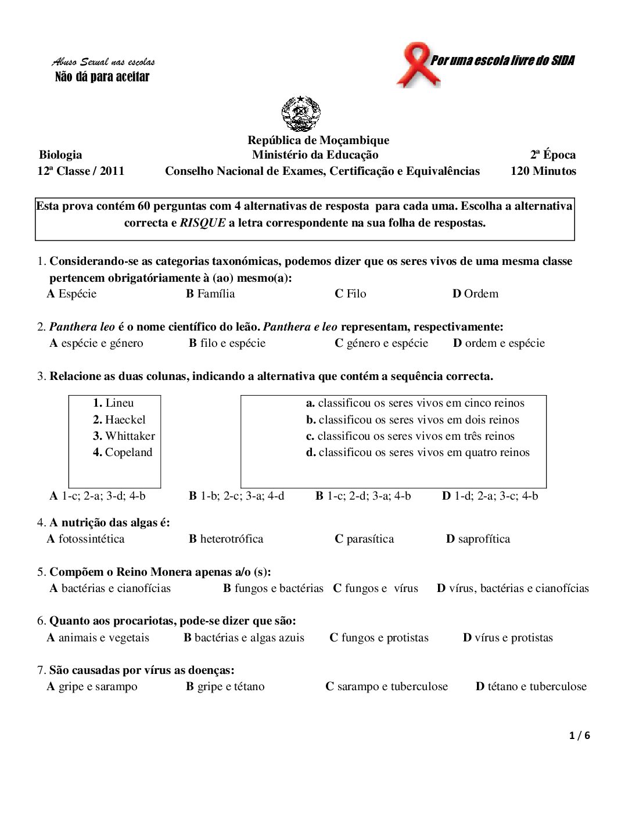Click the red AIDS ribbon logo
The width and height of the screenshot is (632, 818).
click(418, 65)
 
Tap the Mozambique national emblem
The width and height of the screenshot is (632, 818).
click(301, 114)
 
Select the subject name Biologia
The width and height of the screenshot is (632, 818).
click(60, 155)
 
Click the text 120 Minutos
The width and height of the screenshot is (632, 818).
click(543, 171)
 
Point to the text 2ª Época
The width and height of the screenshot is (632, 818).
click(552, 155)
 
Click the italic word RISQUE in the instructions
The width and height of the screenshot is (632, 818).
click(202, 223)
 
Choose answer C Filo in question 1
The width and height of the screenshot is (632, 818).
click(350, 293)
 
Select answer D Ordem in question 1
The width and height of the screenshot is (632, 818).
click(475, 293)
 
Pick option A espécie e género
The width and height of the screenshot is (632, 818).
click(96, 343)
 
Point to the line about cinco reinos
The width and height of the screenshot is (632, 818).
click(415, 403)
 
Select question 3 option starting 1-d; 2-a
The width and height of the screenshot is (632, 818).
click(490, 496)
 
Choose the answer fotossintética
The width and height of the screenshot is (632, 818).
click(86, 539)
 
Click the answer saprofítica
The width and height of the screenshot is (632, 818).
click(478, 539)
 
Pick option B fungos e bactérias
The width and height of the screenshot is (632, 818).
click(273, 588)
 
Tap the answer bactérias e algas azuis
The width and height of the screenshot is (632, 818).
click(244, 637)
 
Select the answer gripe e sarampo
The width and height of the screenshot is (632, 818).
click(92, 686)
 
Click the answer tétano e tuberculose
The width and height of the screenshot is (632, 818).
click(531, 686)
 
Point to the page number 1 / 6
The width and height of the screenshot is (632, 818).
click(580, 736)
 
